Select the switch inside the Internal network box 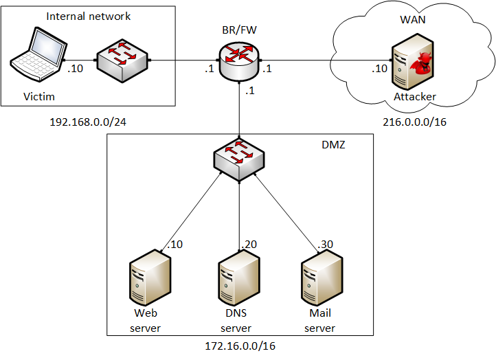click(122, 60)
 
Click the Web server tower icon click(150, 278)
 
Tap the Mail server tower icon click(322, 278)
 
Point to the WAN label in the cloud click(413, 19)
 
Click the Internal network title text click(88, 15)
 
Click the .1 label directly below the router click(250, 92)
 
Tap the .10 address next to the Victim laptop click(75, 68)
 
